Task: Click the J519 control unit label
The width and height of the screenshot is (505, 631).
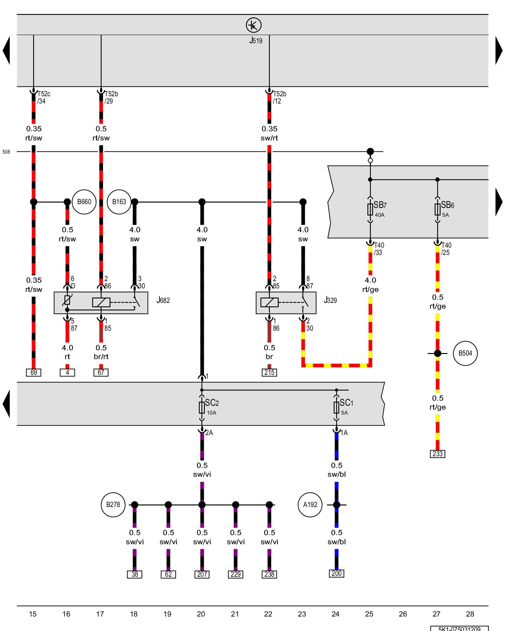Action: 256,40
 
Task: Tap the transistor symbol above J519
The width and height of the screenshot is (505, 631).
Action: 254,25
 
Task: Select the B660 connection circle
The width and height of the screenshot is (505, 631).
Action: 84,202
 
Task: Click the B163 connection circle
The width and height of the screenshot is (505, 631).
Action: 119,202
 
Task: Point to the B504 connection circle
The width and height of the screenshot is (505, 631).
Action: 465,353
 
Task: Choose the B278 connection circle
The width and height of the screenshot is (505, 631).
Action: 113,505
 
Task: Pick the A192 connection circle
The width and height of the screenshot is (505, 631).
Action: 310,505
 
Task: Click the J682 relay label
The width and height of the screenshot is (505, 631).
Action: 163,300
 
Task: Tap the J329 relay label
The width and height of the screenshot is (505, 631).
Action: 330,300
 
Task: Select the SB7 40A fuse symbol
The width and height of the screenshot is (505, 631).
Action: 370,209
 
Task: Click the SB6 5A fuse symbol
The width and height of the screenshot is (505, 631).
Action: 437,209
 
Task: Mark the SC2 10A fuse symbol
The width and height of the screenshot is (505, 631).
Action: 202,408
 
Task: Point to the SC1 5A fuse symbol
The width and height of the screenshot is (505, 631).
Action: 336,408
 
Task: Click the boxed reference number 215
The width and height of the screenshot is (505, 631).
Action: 269,373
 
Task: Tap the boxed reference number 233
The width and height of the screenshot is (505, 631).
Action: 437,454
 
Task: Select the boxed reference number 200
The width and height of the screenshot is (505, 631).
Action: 336,574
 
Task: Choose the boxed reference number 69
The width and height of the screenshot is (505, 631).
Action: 33,373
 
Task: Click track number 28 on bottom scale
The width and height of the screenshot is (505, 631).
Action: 470,614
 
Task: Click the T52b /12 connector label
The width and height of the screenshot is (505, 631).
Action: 279,97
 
